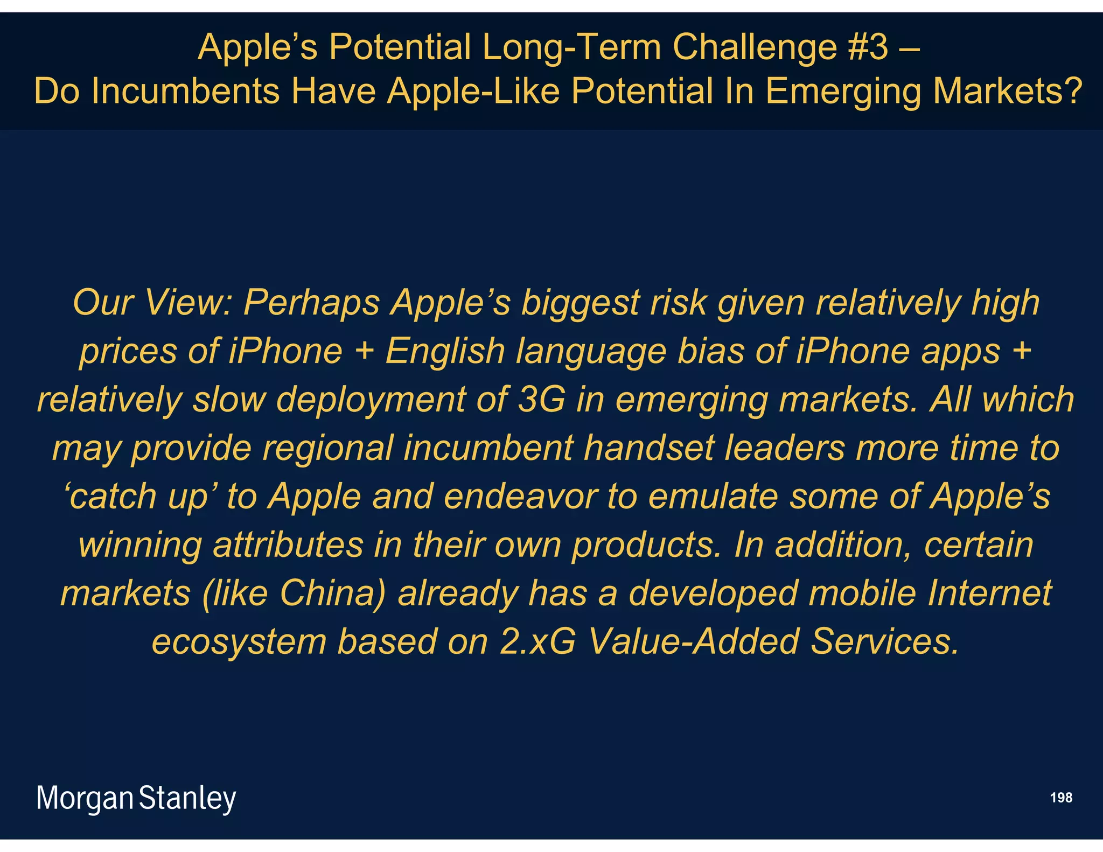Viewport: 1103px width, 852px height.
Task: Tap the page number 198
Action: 1061,798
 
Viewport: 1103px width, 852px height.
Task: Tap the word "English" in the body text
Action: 445,351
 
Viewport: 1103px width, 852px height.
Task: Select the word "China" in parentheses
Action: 332,593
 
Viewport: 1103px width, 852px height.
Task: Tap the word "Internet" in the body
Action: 989,593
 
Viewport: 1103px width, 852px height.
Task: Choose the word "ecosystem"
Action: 239,642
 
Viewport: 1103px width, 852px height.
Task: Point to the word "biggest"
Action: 580,303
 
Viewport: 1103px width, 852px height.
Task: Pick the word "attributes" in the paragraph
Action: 288,545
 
